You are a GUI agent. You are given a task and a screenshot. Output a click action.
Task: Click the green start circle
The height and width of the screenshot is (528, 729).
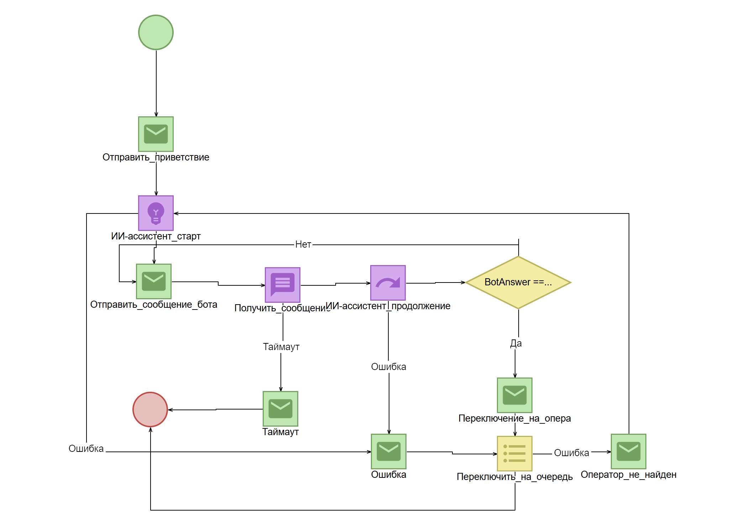tap(156, 32)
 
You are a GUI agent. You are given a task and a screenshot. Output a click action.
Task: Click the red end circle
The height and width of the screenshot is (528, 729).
tap(150, 410)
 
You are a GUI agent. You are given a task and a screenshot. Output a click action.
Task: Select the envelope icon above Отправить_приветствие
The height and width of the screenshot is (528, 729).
tap(156, 134)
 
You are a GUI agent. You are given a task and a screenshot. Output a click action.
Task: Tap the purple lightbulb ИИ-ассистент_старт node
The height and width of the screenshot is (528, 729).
tap(156, 213)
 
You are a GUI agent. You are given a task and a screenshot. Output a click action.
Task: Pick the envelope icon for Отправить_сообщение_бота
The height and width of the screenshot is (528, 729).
tap(154, 281)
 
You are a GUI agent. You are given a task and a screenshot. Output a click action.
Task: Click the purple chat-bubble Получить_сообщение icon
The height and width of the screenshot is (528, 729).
tap(283, 285)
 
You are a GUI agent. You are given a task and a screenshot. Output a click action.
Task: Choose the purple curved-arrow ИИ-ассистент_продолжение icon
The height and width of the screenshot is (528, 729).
tap(388, 283)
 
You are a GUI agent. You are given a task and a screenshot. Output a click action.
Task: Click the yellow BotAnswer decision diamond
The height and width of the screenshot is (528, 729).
tap(518, 283)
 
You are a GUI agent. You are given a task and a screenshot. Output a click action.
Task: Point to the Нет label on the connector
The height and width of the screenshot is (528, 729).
tap(303, 244)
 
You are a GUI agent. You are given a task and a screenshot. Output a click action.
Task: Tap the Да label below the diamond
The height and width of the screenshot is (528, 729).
tap(516, 343)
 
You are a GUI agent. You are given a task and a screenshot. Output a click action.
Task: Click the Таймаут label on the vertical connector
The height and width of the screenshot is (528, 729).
tap(281, 347)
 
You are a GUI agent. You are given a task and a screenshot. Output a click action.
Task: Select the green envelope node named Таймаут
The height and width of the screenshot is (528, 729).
tap(280, 409)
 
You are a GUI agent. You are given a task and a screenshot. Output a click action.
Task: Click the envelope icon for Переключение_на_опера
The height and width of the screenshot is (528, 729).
tap(515, 395)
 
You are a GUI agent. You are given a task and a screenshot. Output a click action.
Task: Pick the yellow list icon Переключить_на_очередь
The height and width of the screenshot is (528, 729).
tap(515, 454)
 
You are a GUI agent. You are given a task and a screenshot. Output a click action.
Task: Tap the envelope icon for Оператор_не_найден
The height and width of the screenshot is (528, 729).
tap(629, 452)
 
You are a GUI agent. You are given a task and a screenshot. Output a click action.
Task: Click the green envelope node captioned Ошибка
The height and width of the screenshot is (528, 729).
tap(389, 452)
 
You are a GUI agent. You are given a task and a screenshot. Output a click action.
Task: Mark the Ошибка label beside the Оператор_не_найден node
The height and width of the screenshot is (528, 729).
tap(572, 453)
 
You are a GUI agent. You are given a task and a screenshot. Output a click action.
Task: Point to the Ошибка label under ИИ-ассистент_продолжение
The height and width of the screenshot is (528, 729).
tap(389, 367)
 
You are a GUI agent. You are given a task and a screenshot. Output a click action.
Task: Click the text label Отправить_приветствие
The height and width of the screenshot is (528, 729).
tap(156, 157)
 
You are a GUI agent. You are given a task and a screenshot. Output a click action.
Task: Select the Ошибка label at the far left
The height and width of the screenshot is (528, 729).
tap(86, 449)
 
